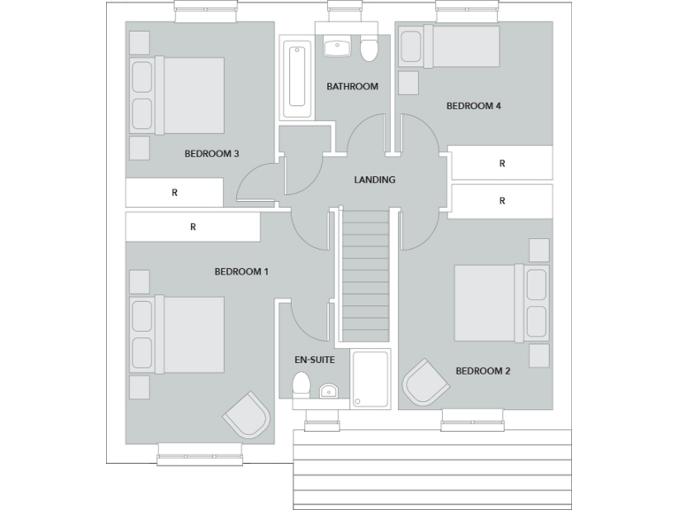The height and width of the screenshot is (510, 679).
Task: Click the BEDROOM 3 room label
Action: click(211, 153)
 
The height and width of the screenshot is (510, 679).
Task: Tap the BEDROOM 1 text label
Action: click(241, 272)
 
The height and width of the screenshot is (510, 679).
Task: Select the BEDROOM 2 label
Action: click(483, 371)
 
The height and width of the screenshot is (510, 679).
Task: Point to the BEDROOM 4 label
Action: click(474, 105)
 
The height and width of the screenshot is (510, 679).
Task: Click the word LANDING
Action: click(374, 180)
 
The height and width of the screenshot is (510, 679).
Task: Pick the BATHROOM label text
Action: click(352, 87)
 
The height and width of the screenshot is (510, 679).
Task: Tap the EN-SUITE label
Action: click(314, 360)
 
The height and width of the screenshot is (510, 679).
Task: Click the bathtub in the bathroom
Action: click(296, 79)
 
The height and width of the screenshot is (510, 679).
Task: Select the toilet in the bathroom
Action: click(370, 51)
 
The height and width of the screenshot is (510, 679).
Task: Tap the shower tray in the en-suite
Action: click(370, 378)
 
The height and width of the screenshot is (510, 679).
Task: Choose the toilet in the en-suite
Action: click(301, 385)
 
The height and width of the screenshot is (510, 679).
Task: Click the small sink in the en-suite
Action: click(328, 390)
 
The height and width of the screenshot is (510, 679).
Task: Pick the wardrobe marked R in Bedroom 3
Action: click(174, 192)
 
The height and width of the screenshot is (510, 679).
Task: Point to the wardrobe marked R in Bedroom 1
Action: click(193, 227)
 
